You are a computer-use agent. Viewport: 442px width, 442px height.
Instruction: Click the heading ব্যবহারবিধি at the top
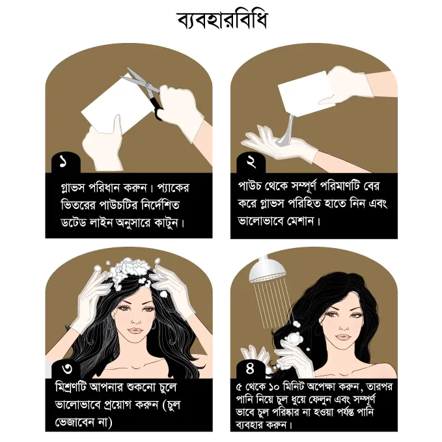click(222, 20)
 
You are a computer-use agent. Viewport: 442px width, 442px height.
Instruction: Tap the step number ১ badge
click(64, 162)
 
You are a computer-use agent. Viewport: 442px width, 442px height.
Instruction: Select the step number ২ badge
click(251, 162)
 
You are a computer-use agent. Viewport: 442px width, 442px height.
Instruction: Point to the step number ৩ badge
click(66, 368)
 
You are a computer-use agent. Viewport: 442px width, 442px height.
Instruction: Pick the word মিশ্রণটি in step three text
click(70, 387)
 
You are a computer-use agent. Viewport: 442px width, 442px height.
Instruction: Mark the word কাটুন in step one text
click(166, 223)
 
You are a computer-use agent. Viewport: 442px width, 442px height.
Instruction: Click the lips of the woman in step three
click(136, 331)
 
